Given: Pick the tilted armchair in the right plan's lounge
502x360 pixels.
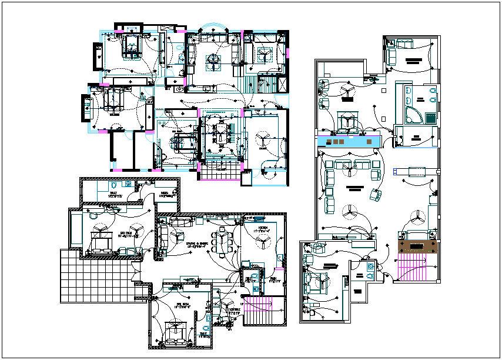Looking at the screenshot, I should (x=374, y=194).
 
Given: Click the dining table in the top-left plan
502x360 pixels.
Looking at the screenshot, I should (x=222, y=134).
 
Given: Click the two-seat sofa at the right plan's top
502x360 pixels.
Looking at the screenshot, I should (x=403, y=44).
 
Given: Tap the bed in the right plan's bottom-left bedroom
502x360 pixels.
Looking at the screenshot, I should (x=320, y=284).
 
